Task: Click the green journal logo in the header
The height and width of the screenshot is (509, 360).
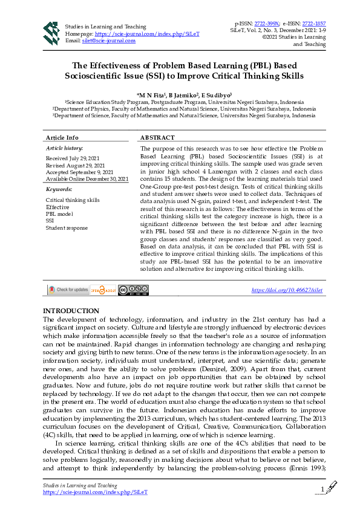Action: [51, 33]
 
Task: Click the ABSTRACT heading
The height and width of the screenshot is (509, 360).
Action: [157, 138]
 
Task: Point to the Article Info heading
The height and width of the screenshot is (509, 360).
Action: [62, 138]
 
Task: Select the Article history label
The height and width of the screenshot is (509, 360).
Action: [65, 148]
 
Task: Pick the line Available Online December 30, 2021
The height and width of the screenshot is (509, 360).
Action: [87, 179]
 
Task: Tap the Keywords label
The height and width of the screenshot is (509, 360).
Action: [59, 189]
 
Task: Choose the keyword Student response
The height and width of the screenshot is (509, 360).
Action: [67, 228]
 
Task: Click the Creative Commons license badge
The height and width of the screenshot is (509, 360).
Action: [133, 290]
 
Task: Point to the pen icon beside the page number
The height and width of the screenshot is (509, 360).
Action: [332, 487]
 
